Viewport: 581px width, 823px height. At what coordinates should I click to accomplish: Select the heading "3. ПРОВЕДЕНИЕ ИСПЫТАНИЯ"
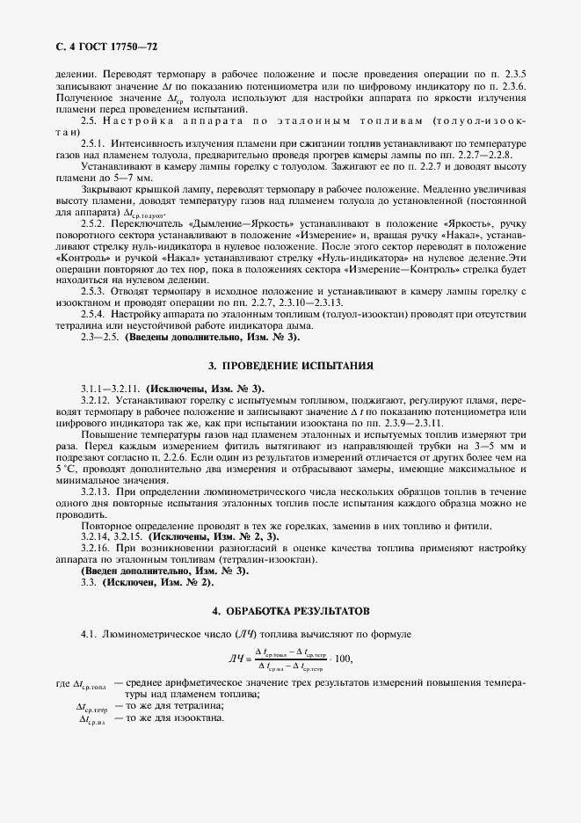291,365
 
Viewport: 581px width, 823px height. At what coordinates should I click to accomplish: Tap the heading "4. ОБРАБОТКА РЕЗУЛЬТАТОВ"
291,609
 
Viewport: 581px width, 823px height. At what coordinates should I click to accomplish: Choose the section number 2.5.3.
93,289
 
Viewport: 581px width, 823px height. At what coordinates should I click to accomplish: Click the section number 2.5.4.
93,314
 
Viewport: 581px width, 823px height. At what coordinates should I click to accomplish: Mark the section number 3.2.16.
95,548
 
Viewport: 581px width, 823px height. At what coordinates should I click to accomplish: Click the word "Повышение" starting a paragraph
108,433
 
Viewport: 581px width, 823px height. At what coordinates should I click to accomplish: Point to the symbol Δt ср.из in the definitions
91,719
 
